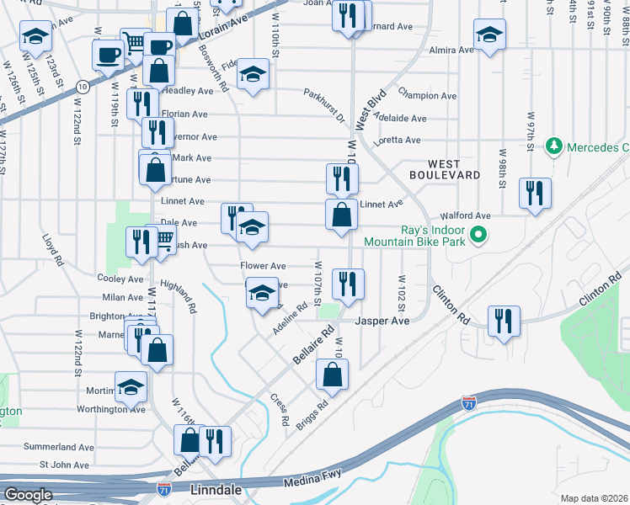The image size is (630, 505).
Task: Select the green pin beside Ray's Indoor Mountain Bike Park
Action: pyautogui.click(x=478, y=234)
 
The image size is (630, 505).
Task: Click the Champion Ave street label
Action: pyautogui.click(x=428, y=96)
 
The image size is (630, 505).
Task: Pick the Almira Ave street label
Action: pyautogui.click(x=451, y=50)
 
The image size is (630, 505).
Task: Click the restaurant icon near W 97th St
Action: pyautogui.click(x=535, y=193)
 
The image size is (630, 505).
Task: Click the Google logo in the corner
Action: pyautogui.click(x=28, y=494)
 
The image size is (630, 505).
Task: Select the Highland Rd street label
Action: pyautogui.click(x=179, y=296)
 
